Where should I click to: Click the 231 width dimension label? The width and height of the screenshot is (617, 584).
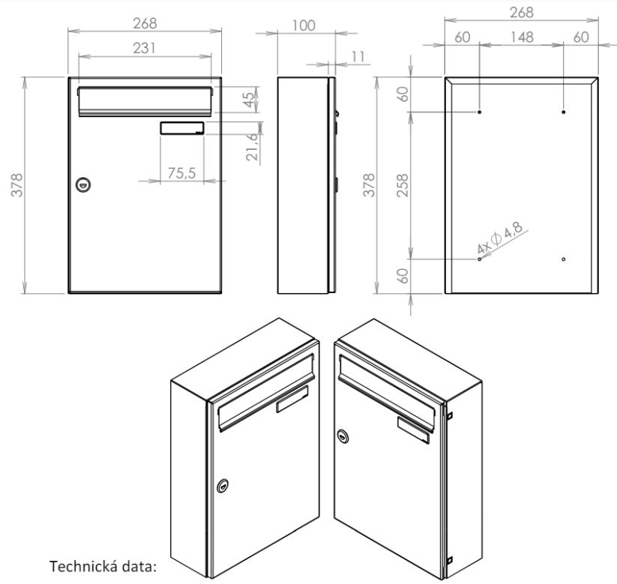144,49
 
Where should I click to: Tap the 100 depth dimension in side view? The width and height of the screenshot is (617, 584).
304,26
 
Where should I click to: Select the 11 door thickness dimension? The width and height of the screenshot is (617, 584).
358,57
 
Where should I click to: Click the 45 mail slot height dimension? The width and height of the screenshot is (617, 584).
249,100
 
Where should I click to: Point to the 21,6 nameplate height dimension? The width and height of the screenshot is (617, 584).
252,147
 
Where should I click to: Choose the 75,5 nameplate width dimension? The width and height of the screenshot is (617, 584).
181,173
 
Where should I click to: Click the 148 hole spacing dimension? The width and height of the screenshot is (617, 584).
522,37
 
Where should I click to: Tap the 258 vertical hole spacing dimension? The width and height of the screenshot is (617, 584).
403,185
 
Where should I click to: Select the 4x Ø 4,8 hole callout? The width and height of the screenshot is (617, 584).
500,238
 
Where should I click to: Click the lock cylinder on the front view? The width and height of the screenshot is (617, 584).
83,184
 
